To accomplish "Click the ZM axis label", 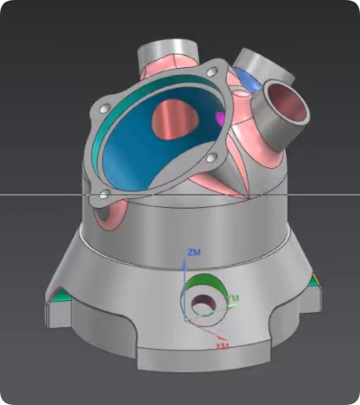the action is [x=194, y=252].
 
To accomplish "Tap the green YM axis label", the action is [x=233, y=298].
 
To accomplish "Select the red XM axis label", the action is [x=222, y=345].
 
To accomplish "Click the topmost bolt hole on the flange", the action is [x=213, y=71].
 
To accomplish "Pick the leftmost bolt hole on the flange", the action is [x=106, y=108].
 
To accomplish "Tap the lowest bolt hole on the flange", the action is [x=104, y=194].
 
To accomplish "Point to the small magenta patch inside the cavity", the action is [x=221, y=118].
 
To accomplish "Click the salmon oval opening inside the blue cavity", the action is [x=175, y=119].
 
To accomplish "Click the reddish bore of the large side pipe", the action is [x=287, y=101].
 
